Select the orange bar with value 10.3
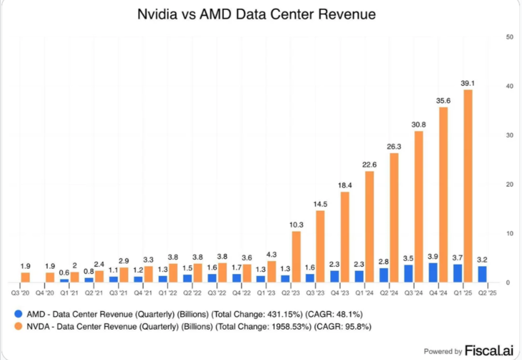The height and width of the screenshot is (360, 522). point(296,256)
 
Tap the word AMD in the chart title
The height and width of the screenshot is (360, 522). point(214,14)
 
